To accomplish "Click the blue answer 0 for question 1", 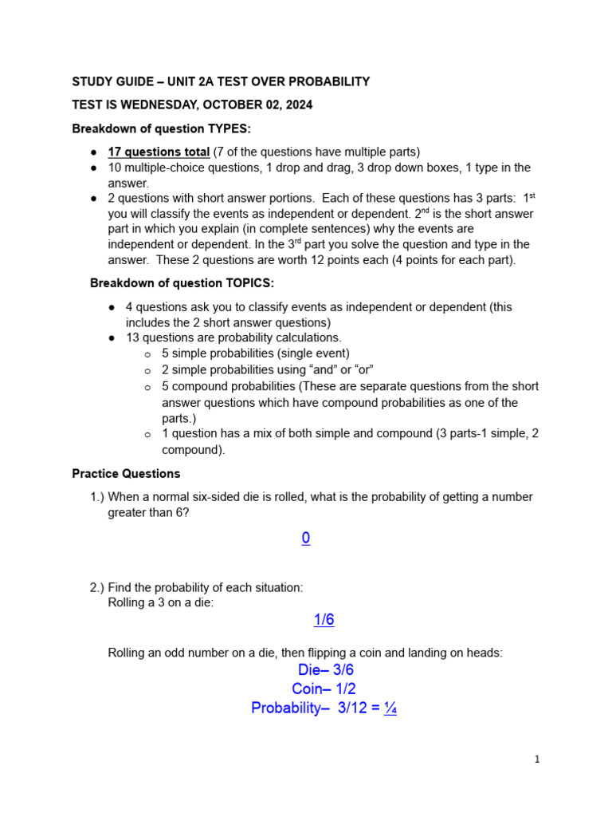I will pyautogui.click(x=306, y=539).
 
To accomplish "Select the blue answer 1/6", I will pyautogui.click(x=324, y=620).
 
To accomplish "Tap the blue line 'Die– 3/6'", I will pyautogui.click(x=325, y=670).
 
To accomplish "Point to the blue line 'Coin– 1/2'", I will pyautogui.click(x=324, y=689).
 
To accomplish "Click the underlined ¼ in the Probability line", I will pyautogui.click(x=390, y=708).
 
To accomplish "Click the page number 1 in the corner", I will pyautogui.click(x=537, y=760).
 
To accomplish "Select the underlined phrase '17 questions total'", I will pyautogui.click(x=159, y=152).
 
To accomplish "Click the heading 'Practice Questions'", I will pyautogui.click(x=126, y=474).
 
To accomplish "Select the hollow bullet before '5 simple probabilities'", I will pyautogui.click(x=147, y=354).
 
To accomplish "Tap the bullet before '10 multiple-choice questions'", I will pyautogui.click(x=94, y=168).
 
